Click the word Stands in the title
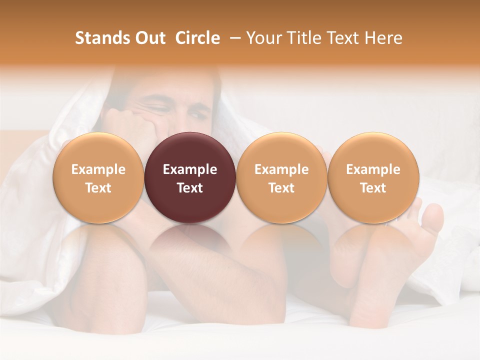[102, 38]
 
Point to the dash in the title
[233, 38]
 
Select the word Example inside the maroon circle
[190, 169]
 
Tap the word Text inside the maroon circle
[190, 188]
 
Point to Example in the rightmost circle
[373, 169]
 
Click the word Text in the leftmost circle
[98, 188]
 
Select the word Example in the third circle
[281, 169]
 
